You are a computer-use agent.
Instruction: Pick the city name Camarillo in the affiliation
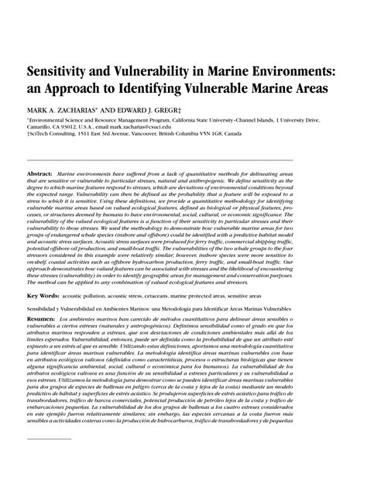coord(42,129)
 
